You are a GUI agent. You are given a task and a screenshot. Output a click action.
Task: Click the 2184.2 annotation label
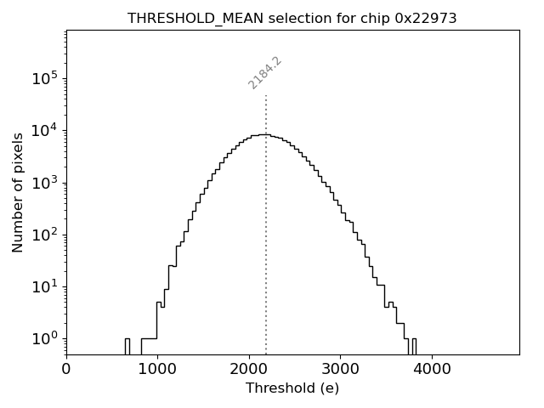tap(265, 72)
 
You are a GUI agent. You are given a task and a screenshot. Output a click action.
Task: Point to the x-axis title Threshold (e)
tap(292, 388)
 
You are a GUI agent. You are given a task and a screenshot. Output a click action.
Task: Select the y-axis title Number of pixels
tap(18, 192)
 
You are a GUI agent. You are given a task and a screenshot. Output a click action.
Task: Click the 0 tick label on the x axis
tap(66, 369)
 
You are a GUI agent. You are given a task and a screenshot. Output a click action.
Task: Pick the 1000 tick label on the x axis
tap(157, 369)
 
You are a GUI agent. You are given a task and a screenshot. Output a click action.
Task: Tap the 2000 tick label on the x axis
tap(249, 369)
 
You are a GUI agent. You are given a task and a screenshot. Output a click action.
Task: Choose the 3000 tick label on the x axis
tap(340, 369)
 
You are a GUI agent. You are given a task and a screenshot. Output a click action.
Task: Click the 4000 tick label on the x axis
tap(432, 369)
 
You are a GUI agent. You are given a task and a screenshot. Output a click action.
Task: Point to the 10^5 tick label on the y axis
tap(44, 78)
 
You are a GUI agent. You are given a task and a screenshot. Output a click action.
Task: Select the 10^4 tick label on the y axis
tap(44, 130)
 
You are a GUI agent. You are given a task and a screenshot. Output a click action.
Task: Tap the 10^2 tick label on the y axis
tap(44, 235)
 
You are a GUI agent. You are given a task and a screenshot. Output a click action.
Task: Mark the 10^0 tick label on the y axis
tap(44, 338)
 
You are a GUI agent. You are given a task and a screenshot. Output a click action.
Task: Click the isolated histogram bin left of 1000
tap(127, 346)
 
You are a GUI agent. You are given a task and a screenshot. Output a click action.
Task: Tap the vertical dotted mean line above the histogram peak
tap(266, 115)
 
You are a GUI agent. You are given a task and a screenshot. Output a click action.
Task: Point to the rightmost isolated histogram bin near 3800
tap(414, 346)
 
